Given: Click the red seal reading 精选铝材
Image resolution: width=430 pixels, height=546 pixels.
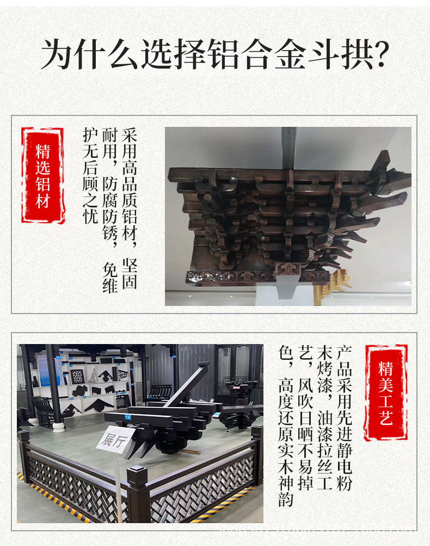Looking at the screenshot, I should pos(42,176).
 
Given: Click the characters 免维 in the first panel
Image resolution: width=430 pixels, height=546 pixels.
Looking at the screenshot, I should pos(110,278).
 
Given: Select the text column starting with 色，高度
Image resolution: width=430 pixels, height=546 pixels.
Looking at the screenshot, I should pos(285,425).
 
